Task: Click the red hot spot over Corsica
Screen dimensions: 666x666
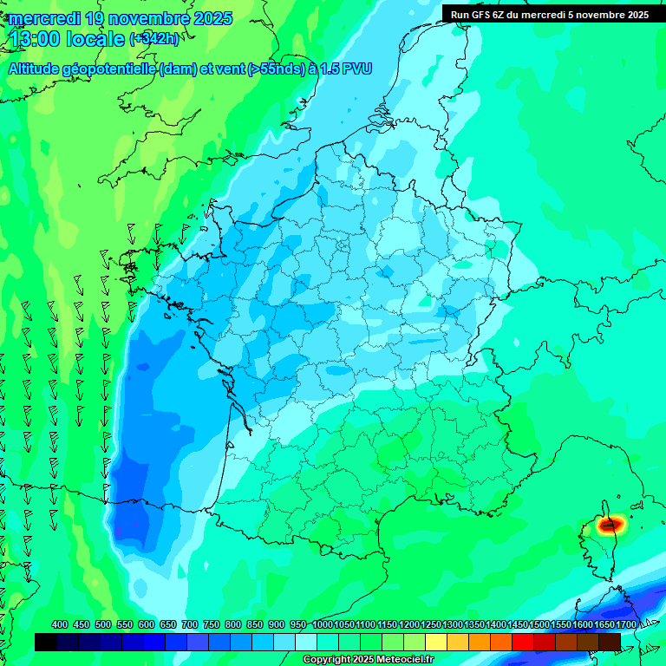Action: click(611, 524)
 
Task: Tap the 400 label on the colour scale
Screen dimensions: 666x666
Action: click(60, 625)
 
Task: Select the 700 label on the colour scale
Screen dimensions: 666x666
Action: click(190, 625)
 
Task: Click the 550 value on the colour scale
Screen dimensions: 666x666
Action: click(125, 625)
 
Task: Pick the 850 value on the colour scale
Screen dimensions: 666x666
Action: click(255, 625)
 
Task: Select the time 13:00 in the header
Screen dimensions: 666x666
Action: click(36, 39)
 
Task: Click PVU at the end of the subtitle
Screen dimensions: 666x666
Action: click(356, 69)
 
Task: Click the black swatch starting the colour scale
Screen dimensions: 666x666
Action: click(46, 642)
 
